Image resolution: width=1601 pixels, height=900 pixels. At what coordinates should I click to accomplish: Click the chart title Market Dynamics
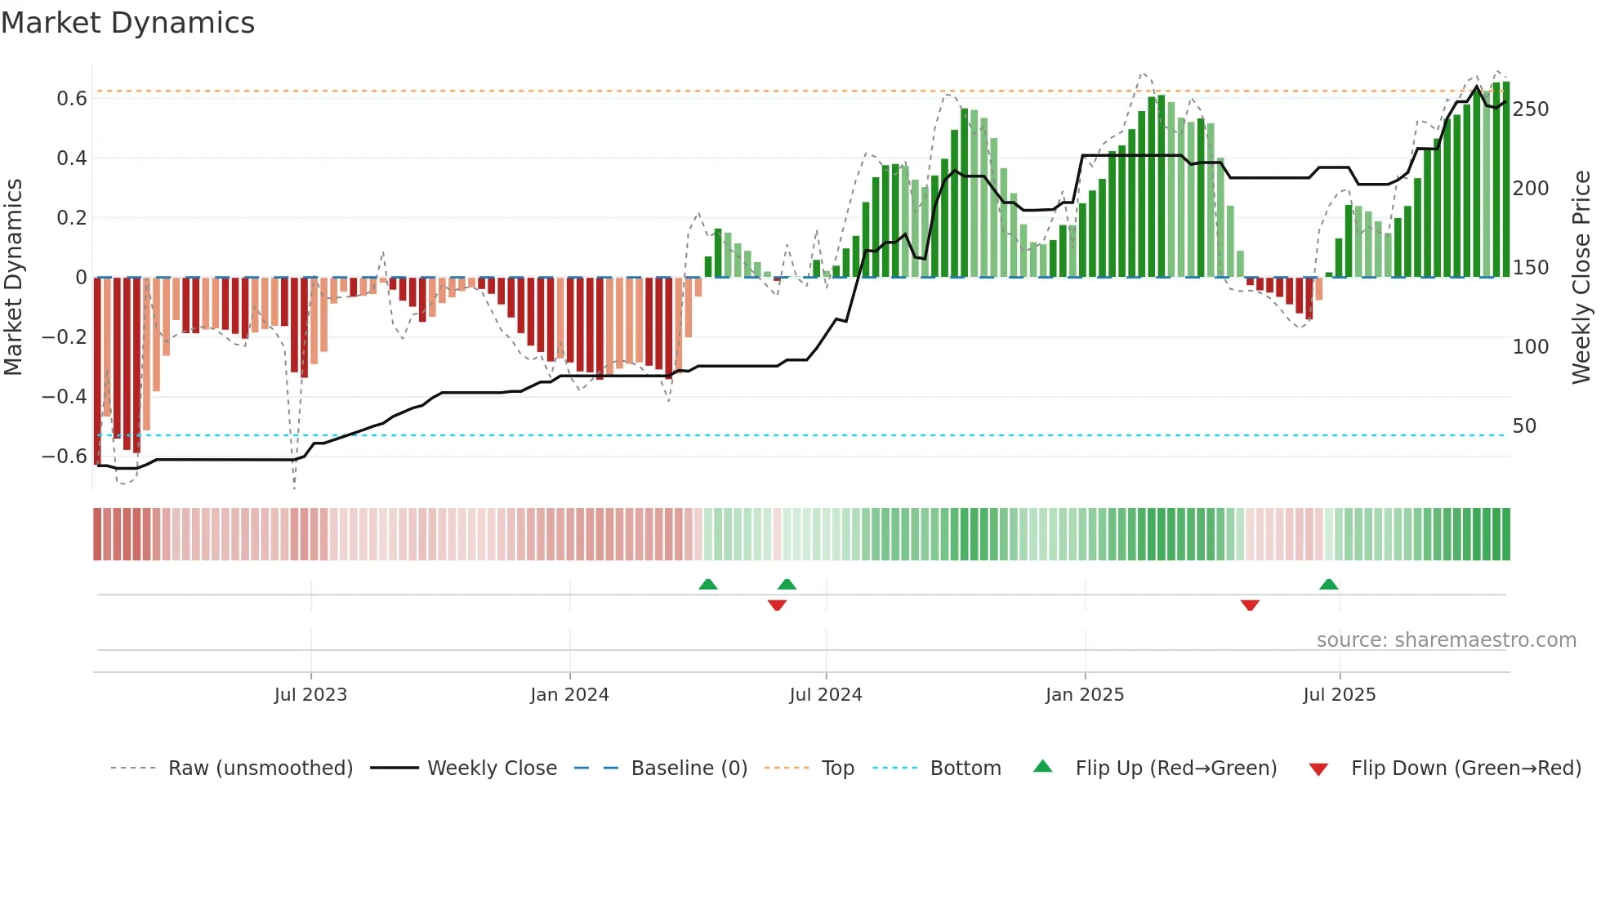point(128,23)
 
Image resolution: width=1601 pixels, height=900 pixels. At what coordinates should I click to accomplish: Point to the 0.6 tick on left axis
point(72,99)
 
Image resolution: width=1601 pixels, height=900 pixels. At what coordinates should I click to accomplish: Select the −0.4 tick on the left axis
point(65,397)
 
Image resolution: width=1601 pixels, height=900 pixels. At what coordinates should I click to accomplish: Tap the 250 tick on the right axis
point(1530,109)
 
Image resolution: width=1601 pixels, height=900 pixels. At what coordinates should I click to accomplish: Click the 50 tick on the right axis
point(1524,426)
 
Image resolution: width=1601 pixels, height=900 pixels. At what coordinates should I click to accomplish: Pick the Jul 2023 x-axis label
point(310,695)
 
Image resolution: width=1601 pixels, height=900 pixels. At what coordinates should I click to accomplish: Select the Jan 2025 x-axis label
point(1085,695)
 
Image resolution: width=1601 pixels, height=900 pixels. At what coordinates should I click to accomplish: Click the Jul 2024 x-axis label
point(826,695)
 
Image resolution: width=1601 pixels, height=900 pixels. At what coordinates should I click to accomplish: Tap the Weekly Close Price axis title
point(1581,278)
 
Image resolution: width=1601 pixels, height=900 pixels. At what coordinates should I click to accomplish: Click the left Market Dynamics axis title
point(13,278)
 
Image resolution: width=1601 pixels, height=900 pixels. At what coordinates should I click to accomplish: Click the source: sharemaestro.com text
point(1446,640)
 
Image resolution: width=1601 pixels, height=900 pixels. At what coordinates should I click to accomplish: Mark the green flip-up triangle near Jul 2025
point(1328,584)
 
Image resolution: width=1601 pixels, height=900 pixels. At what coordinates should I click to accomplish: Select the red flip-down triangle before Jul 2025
point(1250,605)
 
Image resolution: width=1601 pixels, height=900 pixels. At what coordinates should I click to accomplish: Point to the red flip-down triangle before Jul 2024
point(777,605)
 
